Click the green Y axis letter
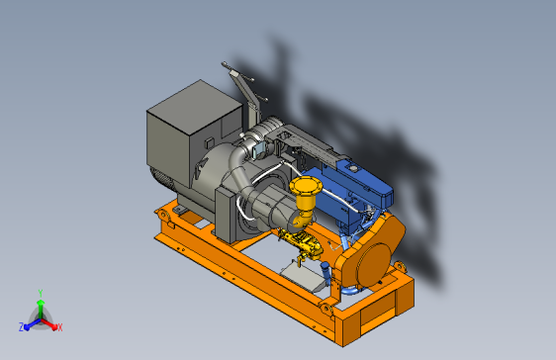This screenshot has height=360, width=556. [41, 293]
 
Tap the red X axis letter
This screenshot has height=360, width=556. [60, 327]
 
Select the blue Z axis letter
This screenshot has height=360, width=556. [22, 327]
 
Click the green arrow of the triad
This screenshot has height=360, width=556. [41, 309]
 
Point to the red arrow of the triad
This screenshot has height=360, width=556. [48, 323]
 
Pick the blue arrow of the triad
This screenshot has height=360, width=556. [33, 324]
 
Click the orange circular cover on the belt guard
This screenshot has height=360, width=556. [374, 264]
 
